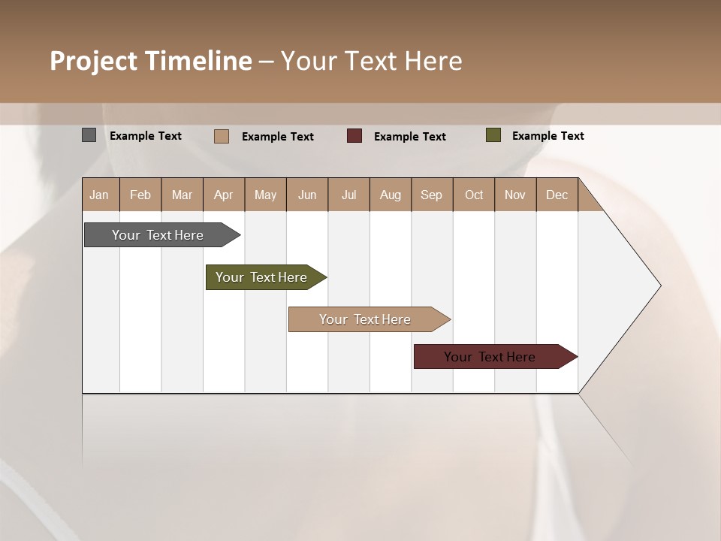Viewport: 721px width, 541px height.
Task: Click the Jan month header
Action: pyautogui.click(x=100, y=195)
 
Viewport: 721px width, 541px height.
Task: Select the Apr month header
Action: pyautogui.click(x=224, y=195)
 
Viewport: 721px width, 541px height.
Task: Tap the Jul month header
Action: pyautogui.click(x=348, y=195)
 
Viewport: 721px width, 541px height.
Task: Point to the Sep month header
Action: pyautogui.click(x=432, y=195)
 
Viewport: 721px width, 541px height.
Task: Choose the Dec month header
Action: pyautogui.click(x=557, y=195)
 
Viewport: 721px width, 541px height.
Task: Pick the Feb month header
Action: pyautogui.click(x=140, y=195)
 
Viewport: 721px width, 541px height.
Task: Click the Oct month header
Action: pyautogui.click(x=474, y=195)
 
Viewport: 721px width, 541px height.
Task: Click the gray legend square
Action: pyautogui.click(x=89, y=135)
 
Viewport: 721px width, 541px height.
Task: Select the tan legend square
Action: pyautogui.click(x=222, y=136)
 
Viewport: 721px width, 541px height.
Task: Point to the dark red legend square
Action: pyautogui.click(x=354, y=136)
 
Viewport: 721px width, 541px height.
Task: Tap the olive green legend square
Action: pyautogui.click(x=493, y=135)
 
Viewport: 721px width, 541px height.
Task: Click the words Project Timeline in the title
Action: pyautogui.click(x=151, y=61)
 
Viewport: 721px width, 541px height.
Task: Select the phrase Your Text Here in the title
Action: pyautogui.click(x=372, y=61)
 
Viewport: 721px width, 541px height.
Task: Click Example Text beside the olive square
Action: pyautogui.click(x=548, y=136)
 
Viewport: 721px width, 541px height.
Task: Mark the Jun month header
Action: pyautogui.click(x=307, y=195)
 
